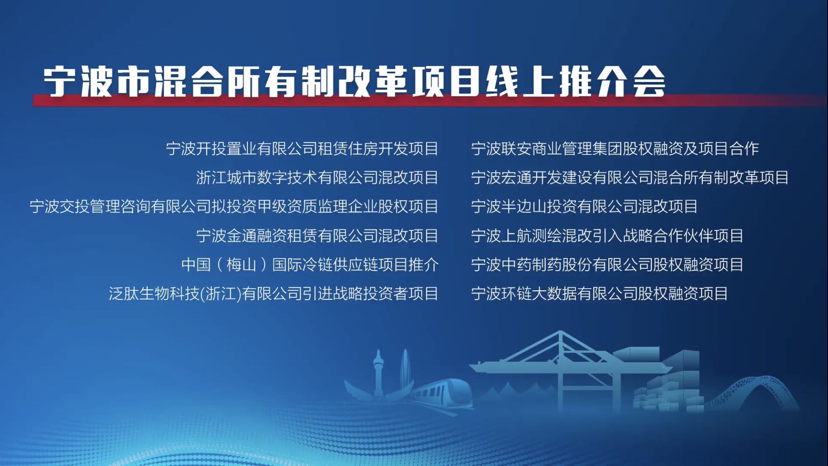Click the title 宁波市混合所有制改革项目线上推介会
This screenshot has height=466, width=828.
355,81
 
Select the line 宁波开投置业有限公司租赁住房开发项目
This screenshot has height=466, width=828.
302,148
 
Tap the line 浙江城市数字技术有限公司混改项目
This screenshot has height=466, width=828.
317,177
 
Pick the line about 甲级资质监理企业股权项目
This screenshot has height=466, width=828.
234,206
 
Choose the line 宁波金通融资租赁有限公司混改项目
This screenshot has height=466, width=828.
317,235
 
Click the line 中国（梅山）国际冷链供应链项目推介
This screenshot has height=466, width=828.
310,264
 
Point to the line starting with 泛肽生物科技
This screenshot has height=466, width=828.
274,293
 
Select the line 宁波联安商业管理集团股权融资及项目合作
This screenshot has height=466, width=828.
615,148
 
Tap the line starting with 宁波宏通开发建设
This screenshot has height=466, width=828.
630,177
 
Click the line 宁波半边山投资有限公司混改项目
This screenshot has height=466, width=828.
584,206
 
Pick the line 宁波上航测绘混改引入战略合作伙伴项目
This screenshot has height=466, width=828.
607,235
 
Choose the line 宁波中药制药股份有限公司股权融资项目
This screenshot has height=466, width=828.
607,264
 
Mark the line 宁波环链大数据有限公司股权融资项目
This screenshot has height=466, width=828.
600,293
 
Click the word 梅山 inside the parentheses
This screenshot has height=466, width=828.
241,264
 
